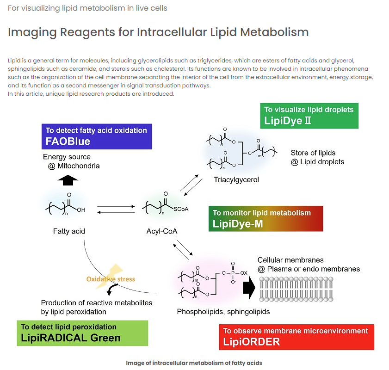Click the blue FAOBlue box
coord(97,136)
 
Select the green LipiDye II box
coord(309,116)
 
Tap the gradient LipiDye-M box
coord(266,218)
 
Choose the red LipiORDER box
coord(296,337)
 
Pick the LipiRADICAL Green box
coord(82,333)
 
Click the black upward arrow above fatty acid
coord(68,180)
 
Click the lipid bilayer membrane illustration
coord(296,289)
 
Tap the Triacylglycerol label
coord(236,179)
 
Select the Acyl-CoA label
coord(162,231)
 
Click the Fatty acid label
coord(69,231)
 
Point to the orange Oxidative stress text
coord(111,279)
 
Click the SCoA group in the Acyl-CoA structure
coord(181,209)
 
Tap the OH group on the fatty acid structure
coord(81,210)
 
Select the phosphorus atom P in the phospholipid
coord(233,273)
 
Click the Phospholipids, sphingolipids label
coord(223,312)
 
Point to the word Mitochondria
coord(78,166)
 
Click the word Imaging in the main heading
coord(32,32)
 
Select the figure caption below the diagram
coord(194,363)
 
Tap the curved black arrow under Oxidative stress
coord(111,289)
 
